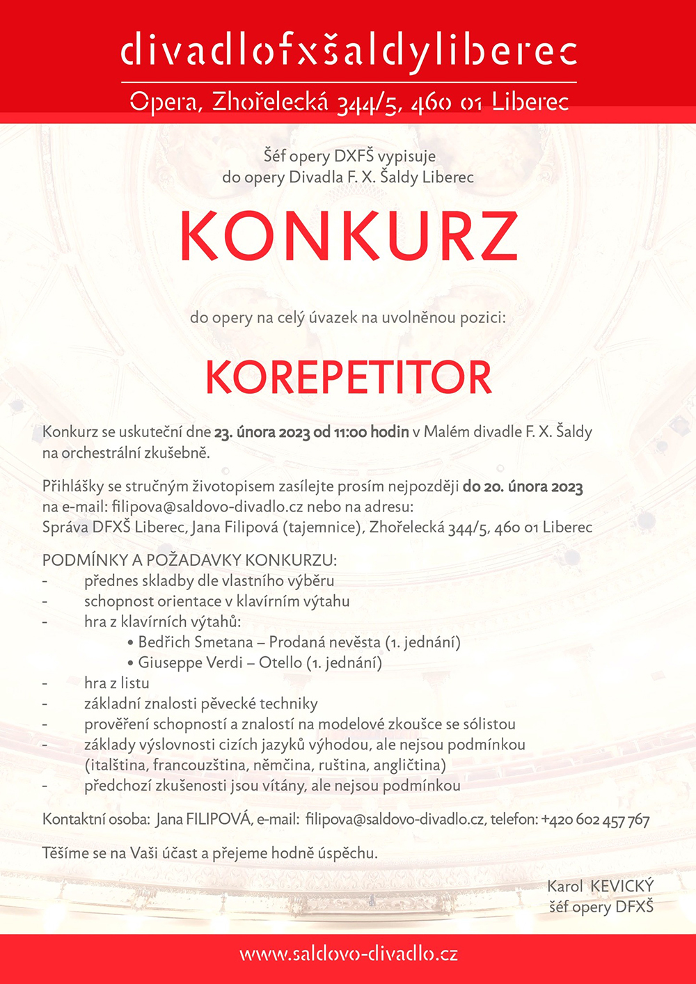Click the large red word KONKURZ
349,236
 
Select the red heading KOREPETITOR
349,377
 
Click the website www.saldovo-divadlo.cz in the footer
349,953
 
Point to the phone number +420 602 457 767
595,820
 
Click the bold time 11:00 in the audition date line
350,432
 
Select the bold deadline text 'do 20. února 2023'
523,486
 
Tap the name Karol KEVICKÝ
600,886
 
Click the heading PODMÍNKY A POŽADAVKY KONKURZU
189,560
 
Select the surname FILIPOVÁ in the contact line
218,820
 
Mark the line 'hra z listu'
116,683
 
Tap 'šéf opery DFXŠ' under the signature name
601,907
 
